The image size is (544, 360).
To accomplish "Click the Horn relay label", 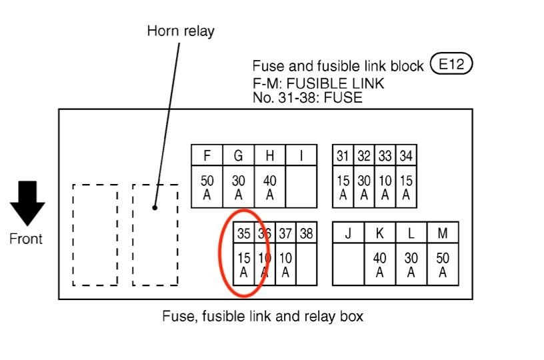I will click(x=181, y=31).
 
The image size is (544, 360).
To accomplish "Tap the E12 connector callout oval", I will click(x=451, y=65).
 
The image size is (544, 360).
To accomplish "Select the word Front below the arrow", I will click(x=26, y=239).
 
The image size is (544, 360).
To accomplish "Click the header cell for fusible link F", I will click(x=207, y=156).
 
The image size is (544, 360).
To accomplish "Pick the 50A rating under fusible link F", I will click(x=207, y=187).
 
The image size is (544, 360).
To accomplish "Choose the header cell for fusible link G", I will click(x=239, y=156).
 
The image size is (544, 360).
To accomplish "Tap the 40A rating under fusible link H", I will click(x=270, y=187).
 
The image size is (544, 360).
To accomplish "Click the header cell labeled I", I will click(x=301, y=156).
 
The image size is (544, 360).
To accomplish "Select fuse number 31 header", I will click(x=343, y=156).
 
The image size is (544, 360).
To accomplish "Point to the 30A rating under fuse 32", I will click(x=363, y=187).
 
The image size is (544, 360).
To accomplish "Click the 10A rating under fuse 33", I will click(x=385, y=187).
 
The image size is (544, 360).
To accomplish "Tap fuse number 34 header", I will click(x=405, y=156).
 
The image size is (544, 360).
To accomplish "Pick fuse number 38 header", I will click(x=306, y=233).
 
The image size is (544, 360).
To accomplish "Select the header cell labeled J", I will click(x=348, y=233).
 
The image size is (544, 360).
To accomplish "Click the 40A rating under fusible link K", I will click(x=379, y=265).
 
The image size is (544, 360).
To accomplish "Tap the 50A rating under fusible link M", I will click(x=443, y=265).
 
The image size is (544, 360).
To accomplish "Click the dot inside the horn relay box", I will click(x=155, y=207).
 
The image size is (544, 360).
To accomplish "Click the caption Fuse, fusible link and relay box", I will click(x=263, y=316).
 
